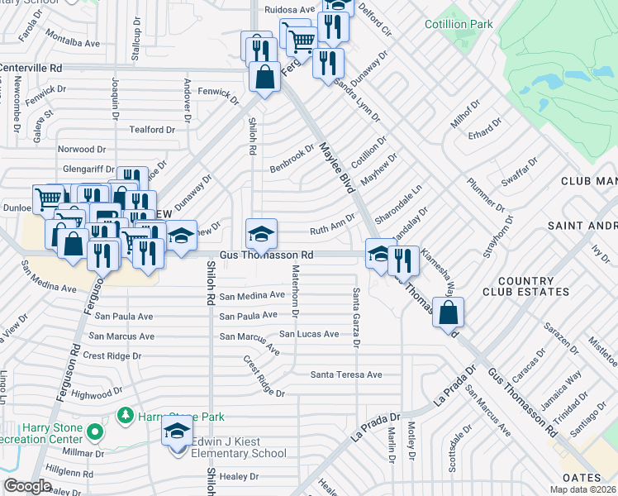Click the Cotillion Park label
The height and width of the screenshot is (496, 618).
click(459, 24)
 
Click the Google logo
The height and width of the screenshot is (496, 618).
click(28, 486)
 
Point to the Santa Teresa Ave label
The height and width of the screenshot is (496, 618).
click(346, 374)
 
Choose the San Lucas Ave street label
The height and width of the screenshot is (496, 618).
click(308, 334)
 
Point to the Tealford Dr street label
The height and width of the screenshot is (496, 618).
click(152, 130)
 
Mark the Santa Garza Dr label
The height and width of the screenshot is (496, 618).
click(356, 317)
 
